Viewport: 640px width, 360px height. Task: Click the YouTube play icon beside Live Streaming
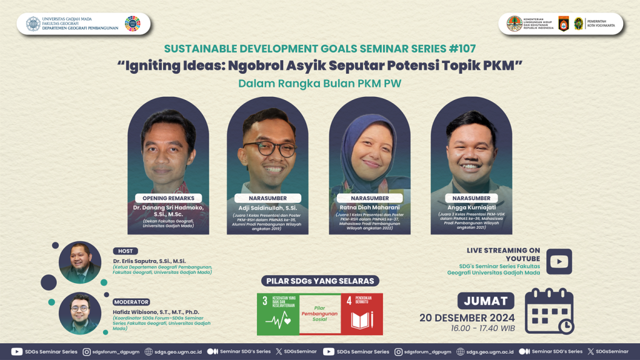559,261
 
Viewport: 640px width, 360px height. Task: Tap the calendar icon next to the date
549,311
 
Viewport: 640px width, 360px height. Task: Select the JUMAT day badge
486,301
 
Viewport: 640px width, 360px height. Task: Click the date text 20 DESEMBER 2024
467,317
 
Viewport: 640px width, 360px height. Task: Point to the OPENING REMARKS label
168,198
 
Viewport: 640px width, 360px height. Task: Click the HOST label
126,251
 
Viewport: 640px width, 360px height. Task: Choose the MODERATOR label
131,302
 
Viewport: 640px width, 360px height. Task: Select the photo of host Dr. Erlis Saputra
80,262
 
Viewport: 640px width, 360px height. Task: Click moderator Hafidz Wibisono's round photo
80,313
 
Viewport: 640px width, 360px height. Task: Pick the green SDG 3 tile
278,314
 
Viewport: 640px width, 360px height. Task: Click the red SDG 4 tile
362,314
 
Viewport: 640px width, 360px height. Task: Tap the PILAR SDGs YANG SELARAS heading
319,281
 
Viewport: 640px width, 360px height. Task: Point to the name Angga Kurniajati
471,207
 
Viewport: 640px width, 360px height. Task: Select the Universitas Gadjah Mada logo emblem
33,24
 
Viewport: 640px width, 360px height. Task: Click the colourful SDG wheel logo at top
132,24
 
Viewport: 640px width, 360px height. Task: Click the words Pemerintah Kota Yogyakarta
601,24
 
